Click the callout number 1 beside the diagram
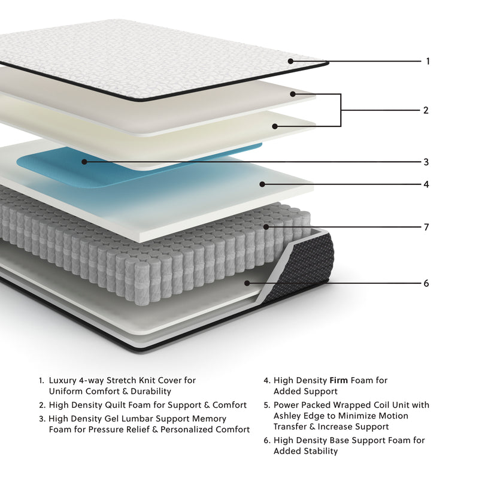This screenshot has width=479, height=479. (428, 61)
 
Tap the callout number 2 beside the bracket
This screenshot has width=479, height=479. (426, 110)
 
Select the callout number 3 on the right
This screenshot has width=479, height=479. (426, 162)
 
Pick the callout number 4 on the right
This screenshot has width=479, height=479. (426, 184)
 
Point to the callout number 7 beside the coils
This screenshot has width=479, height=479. (426, 228)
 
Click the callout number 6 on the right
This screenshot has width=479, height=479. (426, 283)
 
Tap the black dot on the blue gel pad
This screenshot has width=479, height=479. (84, 162)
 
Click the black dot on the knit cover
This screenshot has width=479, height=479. (290, 61)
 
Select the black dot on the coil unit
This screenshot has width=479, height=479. (266, 228)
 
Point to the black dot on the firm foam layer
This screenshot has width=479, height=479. (261, 184)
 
